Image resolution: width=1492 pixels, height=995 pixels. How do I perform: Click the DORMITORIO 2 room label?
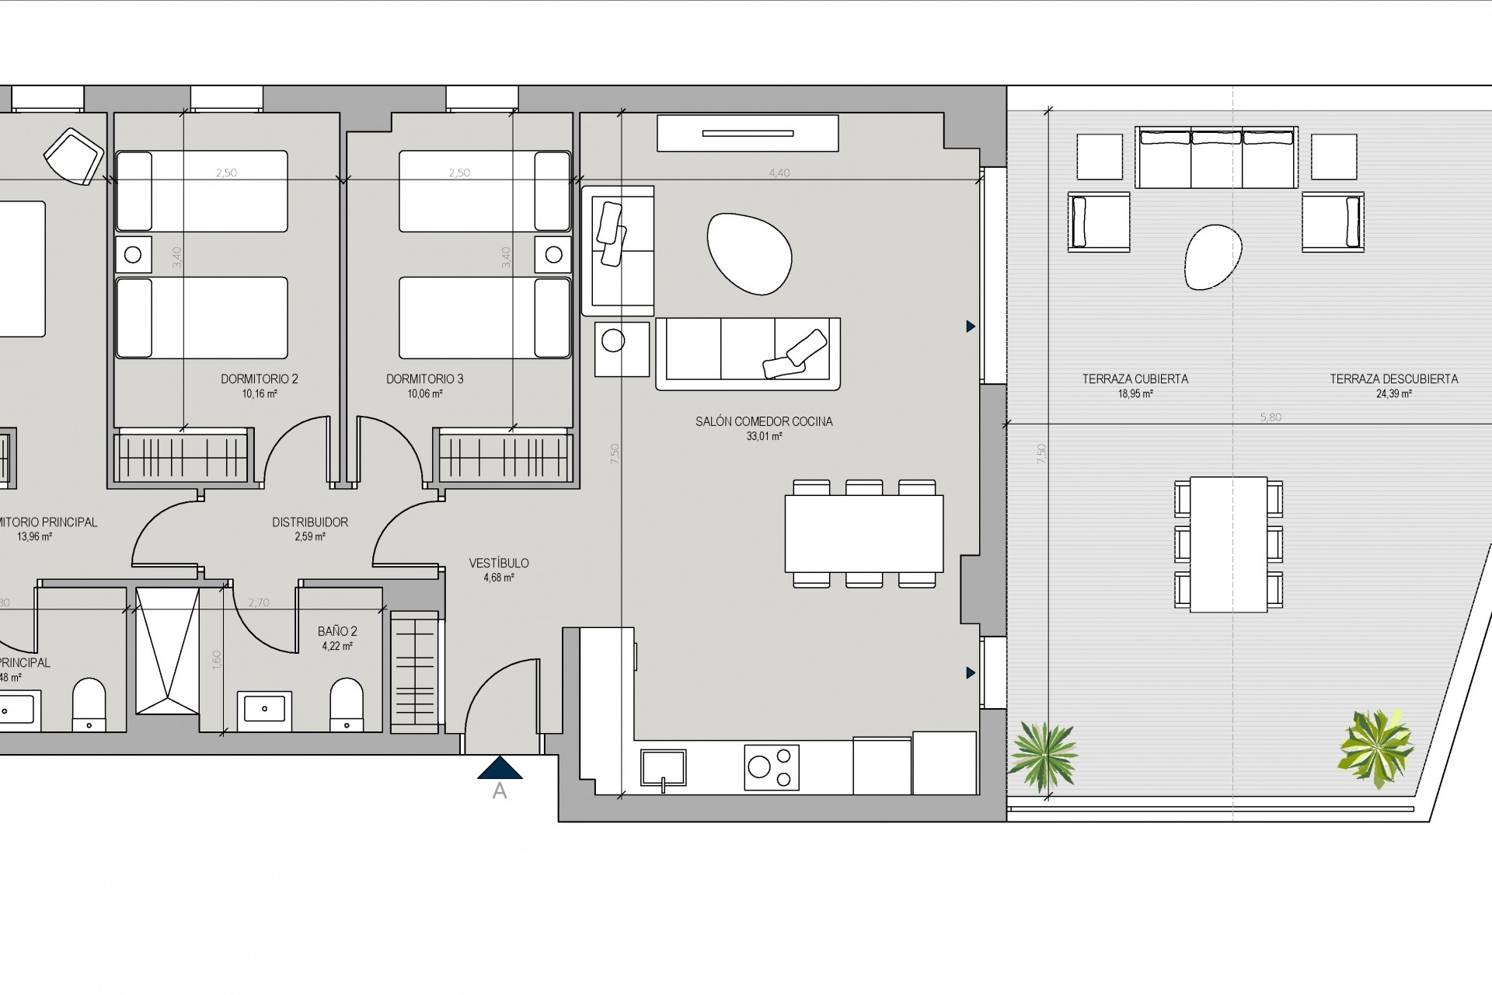[260, 379]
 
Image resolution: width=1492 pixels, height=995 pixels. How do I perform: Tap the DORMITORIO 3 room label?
[424, 379]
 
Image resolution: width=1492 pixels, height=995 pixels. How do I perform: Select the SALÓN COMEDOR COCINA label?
[764, 421]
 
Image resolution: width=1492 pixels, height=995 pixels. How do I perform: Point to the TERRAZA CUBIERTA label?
[1135, 379]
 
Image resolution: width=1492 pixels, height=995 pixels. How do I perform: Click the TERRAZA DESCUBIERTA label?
[1393, 379]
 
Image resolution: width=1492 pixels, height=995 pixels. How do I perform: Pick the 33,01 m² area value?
[764, 437]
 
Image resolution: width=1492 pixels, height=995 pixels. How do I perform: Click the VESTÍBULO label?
[499, 563]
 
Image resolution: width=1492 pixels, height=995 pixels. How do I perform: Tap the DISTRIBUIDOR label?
[310, 522]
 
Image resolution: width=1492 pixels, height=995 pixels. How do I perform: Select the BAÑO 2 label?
[337, 632]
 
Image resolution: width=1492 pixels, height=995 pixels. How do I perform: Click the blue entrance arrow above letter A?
[500, 768]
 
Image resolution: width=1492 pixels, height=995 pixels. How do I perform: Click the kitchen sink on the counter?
[663, 768]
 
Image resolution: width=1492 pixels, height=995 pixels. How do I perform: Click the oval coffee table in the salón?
[749, 254]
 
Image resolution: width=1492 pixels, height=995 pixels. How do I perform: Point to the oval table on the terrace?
[1212, 257]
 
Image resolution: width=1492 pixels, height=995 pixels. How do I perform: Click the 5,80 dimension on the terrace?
[1271, 417]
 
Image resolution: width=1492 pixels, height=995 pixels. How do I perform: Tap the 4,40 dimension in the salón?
[779, 173]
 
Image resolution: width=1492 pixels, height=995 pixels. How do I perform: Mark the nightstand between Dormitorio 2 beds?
[133, 254]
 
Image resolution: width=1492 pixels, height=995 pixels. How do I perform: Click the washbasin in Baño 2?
[264, 709]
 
